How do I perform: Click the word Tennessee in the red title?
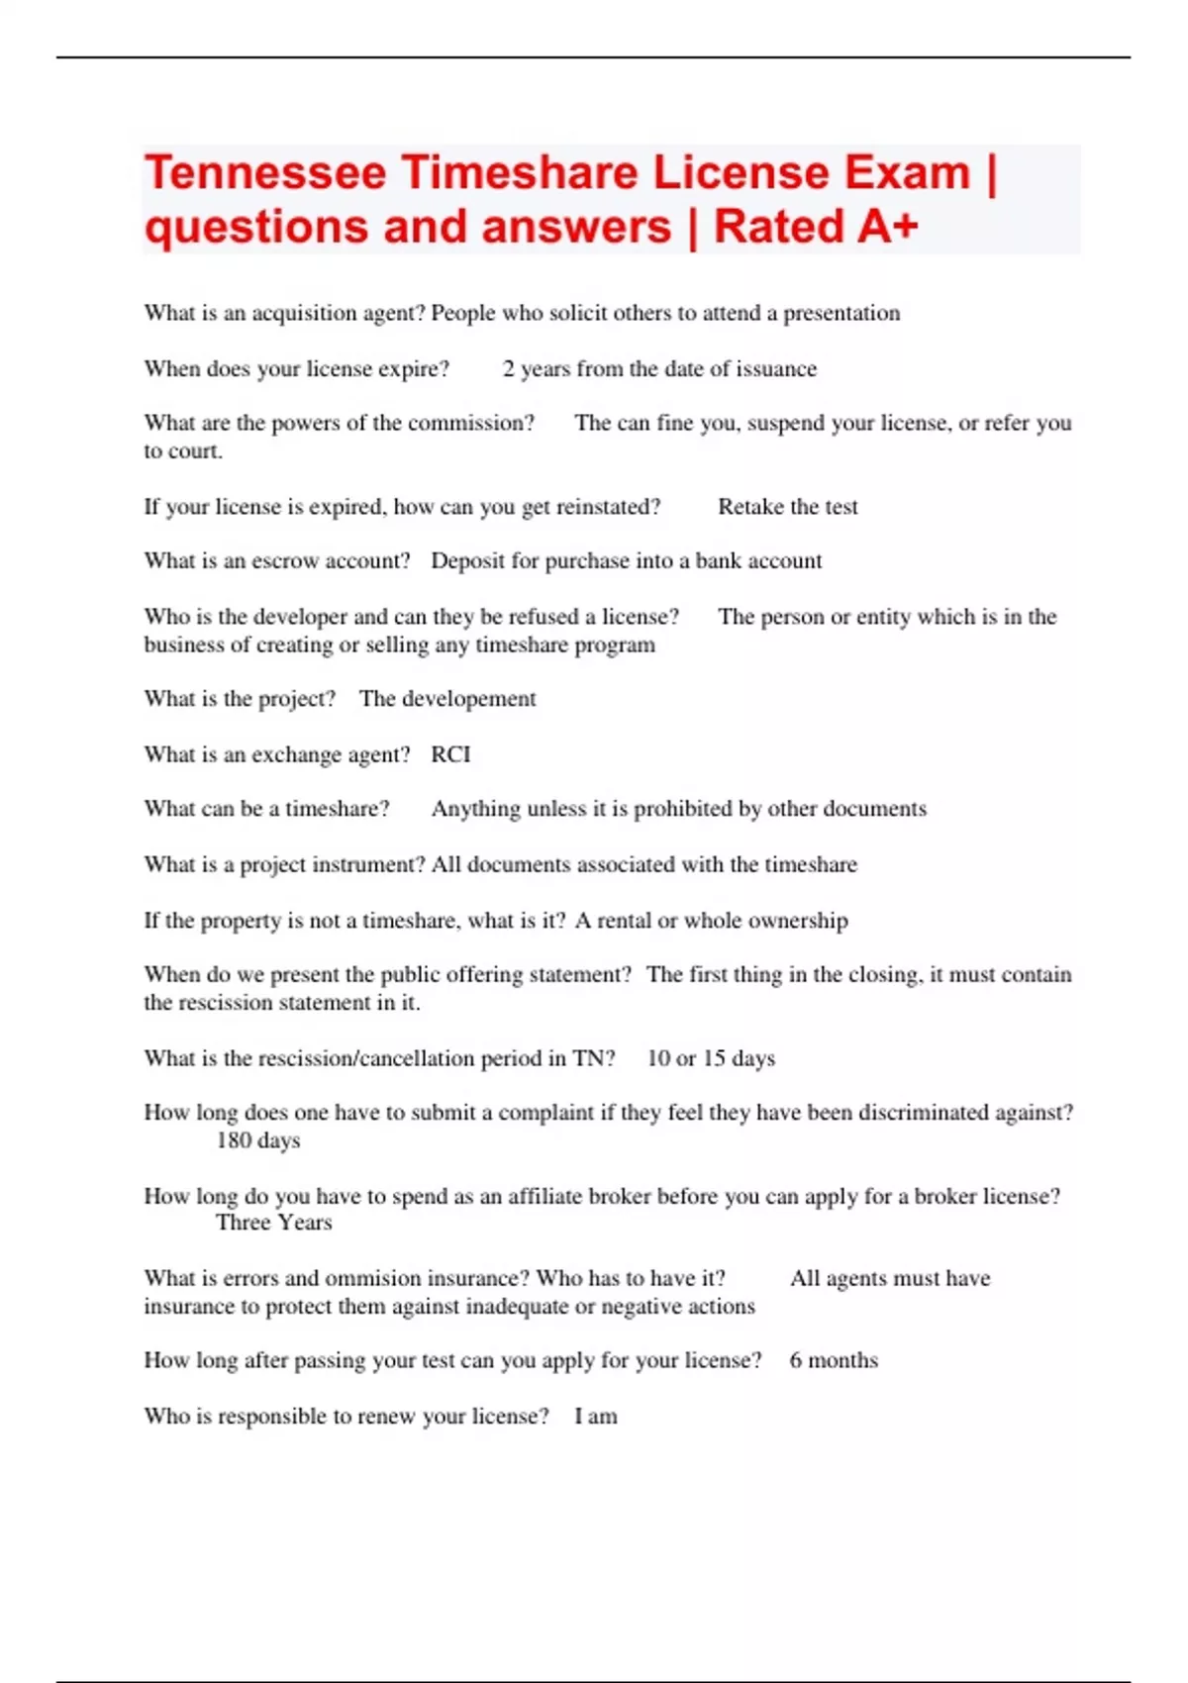265,173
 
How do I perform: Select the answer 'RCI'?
450,754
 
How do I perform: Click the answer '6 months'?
834,1360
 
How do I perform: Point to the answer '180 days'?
257,1140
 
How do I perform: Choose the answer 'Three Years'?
273,1223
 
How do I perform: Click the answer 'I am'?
596,1416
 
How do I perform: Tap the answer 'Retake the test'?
788,507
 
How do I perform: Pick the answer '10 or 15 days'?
711,1058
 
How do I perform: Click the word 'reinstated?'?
608,507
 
